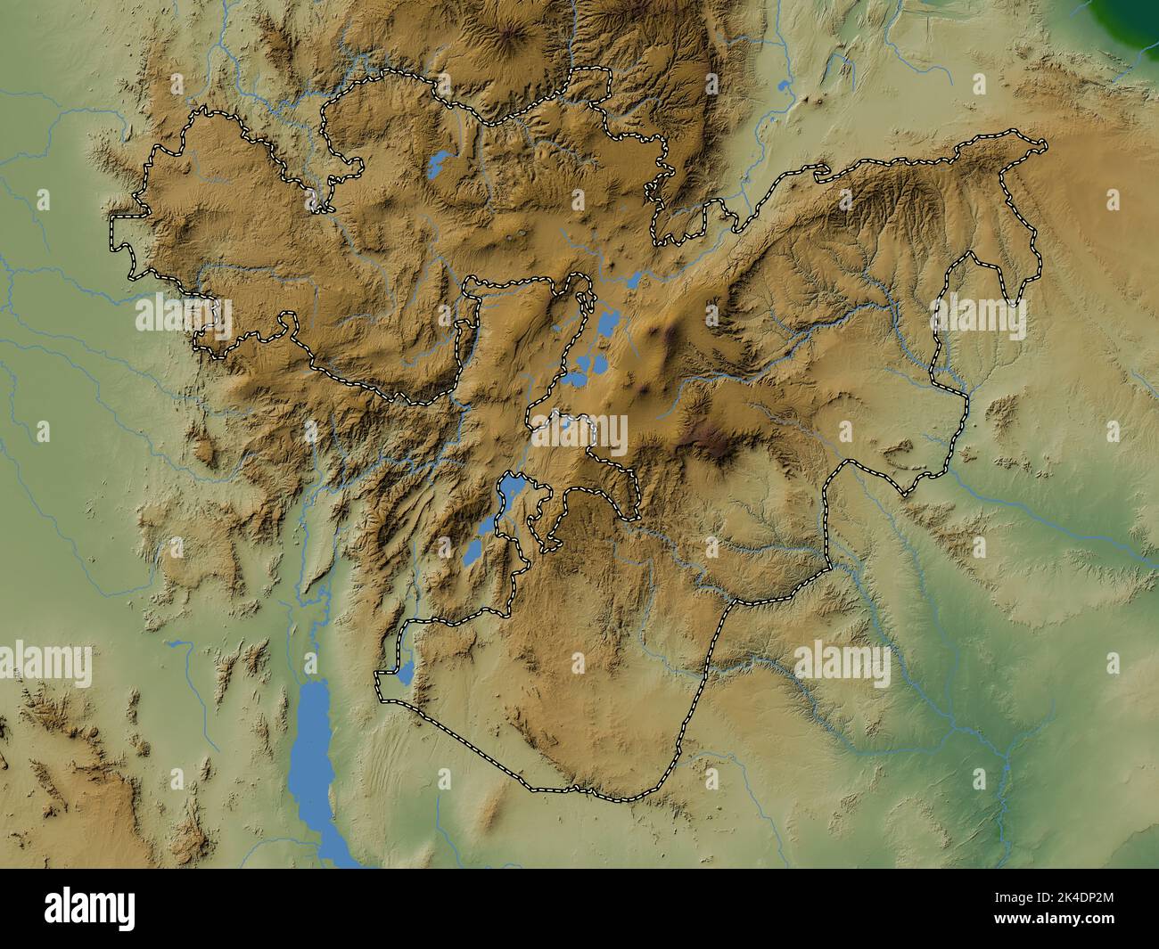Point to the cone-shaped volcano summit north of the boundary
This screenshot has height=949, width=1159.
[511, 36]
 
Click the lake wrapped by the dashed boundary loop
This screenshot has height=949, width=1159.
[511, 487]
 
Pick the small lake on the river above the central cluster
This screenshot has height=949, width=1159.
[634, 280]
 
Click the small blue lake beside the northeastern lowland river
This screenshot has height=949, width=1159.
[784, 86]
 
